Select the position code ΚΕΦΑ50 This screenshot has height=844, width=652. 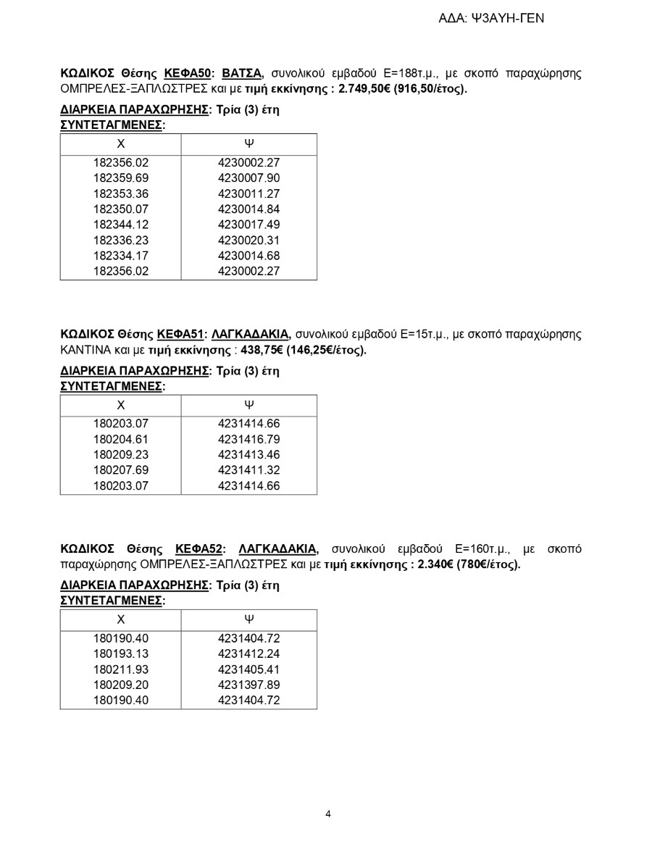tap(187, 73)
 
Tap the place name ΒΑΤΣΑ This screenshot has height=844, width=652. tap(242, 73)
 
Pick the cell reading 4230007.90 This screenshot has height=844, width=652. tap(248, 178)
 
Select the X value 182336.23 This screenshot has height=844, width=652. tap(121, 241)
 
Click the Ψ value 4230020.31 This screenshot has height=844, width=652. tap(248, 241)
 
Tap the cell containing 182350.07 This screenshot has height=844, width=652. tap(121, 209)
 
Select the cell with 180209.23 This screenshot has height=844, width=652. tap(121, 455)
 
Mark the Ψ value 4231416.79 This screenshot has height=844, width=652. tap(248, 440)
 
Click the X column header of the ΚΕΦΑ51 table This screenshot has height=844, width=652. tap(121, 405)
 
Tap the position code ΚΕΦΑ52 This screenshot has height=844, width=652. tap(200, 548)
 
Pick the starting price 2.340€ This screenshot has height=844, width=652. tap(435, 564)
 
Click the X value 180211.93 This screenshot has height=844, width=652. tap(121, 669)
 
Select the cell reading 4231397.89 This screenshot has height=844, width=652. tap(248, 685)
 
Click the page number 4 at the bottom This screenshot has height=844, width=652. tap(328, 814)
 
